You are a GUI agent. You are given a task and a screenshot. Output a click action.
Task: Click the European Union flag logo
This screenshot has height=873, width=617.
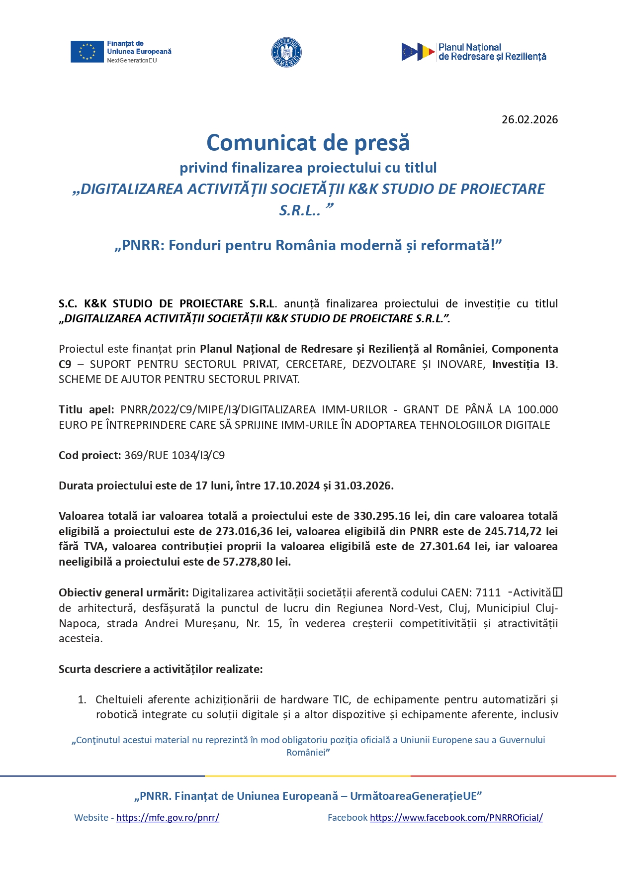[87, 52]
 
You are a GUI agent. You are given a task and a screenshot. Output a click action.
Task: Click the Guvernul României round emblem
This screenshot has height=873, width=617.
[287, 52]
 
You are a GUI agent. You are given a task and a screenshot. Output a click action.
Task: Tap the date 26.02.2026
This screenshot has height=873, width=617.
[529, 119]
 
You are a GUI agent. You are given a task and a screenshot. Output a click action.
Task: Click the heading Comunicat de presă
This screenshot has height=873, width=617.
[308, 143]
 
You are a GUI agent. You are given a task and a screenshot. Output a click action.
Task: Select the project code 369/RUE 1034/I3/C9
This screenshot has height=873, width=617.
[174, 455]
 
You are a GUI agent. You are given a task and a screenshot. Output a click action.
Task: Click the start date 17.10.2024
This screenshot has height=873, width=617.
[291, 485]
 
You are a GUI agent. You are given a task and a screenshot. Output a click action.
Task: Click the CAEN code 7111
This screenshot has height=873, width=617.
[488, 592]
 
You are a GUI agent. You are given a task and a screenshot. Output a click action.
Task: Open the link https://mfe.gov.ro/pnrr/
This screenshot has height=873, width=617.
[168, 817]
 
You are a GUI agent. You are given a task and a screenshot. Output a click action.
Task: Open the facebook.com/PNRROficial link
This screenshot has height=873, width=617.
[456, 817]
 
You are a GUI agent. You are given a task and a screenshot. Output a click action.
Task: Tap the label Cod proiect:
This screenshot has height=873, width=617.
[89, 455]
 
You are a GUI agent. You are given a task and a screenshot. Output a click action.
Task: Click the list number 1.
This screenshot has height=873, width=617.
[82, 699]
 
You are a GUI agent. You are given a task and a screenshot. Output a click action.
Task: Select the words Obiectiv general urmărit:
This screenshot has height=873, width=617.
[123, 592]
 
